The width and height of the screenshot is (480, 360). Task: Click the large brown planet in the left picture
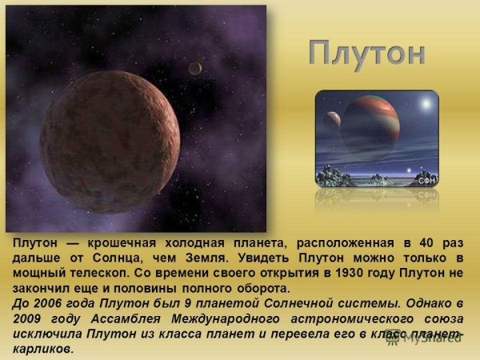pyautogui.click(x=110, y=141)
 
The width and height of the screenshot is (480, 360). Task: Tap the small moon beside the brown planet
pyautogui.click(x=194, y=69)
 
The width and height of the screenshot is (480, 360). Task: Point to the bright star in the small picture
pyautogui.click(x=425, y=104)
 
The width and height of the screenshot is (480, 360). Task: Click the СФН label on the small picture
pyautogui.click(x=426, y=182)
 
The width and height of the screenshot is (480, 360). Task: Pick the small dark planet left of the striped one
pyautogui.click(x=330, y=121)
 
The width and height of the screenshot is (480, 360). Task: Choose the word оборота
pyautogui.click(x=254, y=288)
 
